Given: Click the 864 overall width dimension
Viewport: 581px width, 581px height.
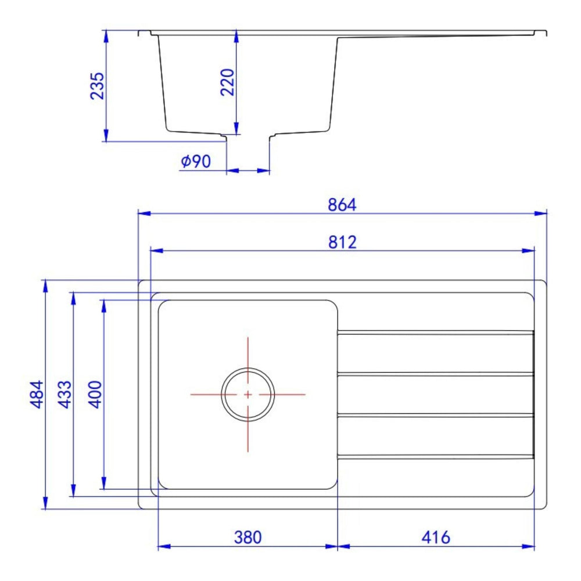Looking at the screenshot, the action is (342, 205).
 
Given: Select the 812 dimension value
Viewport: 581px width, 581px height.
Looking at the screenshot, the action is (342, 242).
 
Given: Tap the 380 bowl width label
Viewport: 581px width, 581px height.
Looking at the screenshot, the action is (248, 537).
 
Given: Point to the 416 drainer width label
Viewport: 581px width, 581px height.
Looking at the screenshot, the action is (436, 537).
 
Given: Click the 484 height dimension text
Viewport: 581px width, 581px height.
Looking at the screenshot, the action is (37, 394).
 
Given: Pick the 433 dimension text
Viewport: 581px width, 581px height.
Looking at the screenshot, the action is (65, 394).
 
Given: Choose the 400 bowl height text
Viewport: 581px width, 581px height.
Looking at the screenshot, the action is (95, 394).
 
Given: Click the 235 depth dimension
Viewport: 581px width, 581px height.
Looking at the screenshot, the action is (98, 86).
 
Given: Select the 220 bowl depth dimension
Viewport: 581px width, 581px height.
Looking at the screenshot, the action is (228, 83).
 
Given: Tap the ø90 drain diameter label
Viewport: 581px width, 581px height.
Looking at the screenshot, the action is (196, 161).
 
